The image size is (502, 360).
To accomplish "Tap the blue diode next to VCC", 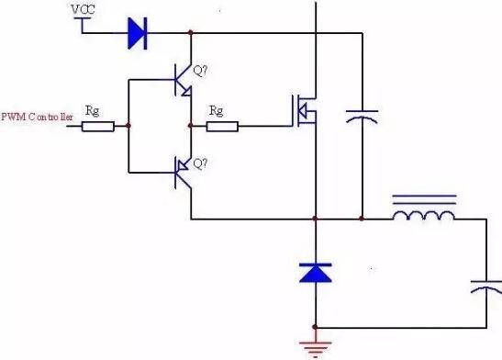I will pos(138,34).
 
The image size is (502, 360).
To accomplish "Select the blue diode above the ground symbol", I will pos(315,272).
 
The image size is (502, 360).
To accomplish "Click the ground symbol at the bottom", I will pos(315,346).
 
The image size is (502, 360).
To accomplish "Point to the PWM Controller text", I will pos(37,117).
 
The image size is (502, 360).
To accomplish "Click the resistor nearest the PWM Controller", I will pos(98,124).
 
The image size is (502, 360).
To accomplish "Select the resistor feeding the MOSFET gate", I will pos(222,124).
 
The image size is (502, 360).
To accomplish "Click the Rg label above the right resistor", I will pos(217,109).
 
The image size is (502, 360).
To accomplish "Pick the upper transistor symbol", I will pos(184,81).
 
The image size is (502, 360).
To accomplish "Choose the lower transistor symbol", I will pos(184,171).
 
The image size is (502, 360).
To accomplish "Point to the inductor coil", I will pos(423,215).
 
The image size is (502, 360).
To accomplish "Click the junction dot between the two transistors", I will pos(190,124).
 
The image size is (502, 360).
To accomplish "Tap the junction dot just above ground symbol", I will pos(315,327).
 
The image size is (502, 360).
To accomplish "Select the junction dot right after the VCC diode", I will pos(190,34).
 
